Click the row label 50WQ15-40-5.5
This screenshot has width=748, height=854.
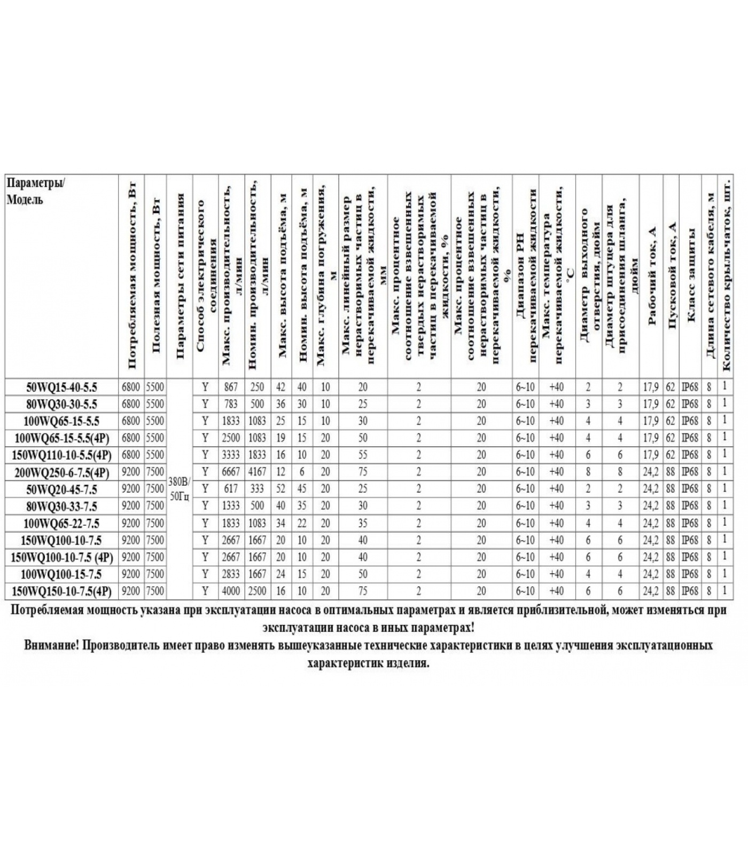(62, 387)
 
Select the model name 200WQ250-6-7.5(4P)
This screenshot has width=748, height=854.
(62, 472)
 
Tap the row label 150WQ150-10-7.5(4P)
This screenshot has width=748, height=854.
(62, 591)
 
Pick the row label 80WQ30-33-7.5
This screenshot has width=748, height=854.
(62, 506)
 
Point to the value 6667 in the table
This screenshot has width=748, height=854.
(231, 472)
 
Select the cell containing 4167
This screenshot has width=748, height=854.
(257, 472)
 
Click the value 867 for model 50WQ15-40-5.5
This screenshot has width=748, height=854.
(231, 387)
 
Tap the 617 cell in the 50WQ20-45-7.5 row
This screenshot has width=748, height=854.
(231, 489)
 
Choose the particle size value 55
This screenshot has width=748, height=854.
(363, 455)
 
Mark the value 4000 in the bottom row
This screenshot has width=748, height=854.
(231, 591)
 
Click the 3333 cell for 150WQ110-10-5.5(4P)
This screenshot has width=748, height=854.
(231, 455)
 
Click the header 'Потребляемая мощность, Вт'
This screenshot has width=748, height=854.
(132, 278)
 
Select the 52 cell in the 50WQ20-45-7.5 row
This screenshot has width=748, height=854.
(280, 489)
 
